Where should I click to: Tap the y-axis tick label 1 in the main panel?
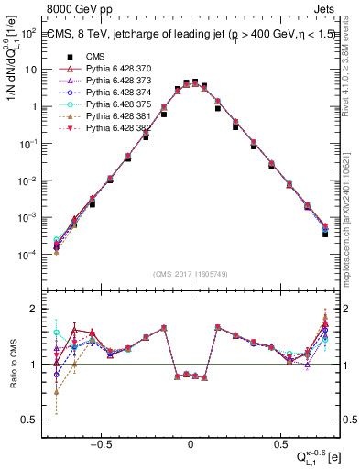pos(34,107)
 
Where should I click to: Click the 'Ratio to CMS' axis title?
pos(12,364)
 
